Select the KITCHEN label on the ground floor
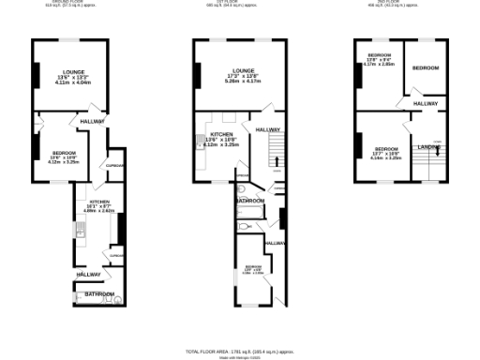coord(100,202)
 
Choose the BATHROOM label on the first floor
coord(249,201)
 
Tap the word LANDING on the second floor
coord(429,147)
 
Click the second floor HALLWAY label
coord(426,103)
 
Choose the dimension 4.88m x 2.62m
coord(100,211)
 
